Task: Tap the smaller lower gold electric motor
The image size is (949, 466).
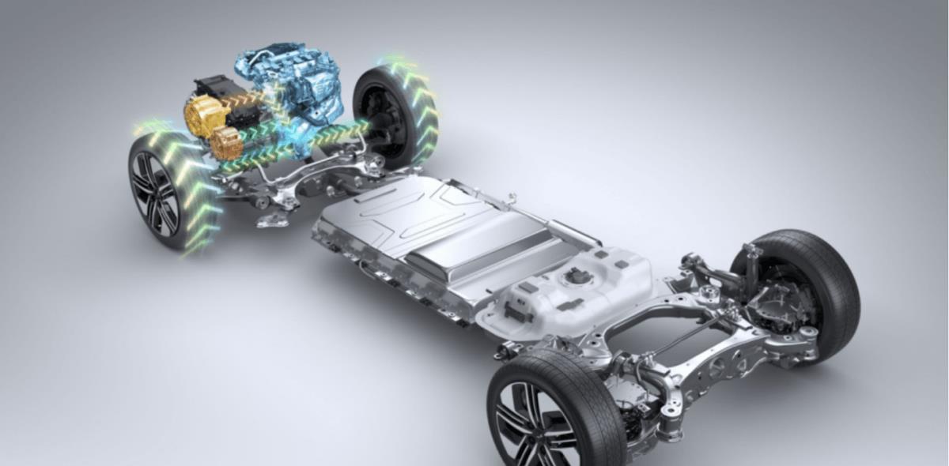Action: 227,143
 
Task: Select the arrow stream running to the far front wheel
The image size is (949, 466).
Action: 332,134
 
